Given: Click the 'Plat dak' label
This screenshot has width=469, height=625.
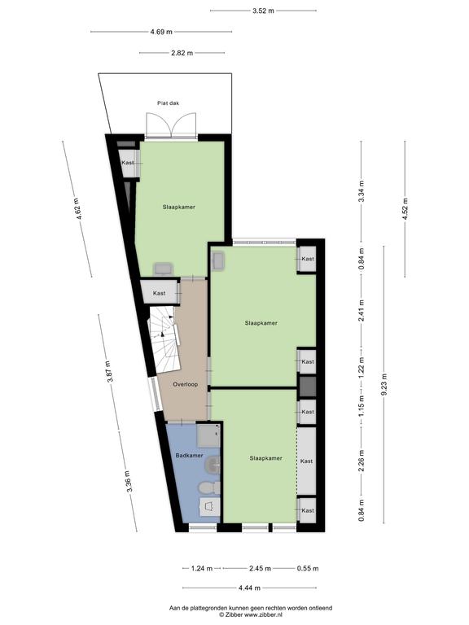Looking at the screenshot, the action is tap(168, 103).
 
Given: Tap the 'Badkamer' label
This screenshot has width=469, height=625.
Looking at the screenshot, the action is tap(189, 455).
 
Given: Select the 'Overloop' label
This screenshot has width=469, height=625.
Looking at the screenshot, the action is tap(185, 384).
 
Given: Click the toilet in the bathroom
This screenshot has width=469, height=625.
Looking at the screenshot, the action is tap(210, 487).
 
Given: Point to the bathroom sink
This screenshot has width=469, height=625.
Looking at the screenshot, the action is tap(213, 465).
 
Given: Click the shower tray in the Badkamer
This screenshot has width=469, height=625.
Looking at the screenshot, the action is tap(208, 435).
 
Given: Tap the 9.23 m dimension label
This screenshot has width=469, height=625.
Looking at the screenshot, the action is tap(384, 384).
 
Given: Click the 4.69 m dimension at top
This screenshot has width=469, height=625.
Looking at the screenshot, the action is tap(161, 32).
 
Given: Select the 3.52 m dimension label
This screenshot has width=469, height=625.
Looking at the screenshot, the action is tap(263, 11).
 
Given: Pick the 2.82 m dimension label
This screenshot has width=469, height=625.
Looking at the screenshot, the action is tap(182, 53).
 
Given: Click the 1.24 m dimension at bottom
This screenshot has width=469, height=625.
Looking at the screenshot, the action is tap(202, 568).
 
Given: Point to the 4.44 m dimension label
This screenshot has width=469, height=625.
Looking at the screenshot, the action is tap(249, 588).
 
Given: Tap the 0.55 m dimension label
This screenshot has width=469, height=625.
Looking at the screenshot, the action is tap(308, 568).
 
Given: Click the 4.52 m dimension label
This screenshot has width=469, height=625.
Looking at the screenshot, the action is tap(405, 209).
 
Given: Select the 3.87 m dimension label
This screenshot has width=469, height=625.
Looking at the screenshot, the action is tap(110, 371).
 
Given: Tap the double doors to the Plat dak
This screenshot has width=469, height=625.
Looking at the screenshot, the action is tap(171, 125).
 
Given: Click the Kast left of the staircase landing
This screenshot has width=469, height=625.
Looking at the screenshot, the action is tap(160, 293).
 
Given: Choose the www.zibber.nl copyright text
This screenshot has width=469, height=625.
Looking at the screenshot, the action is tap(251, 614).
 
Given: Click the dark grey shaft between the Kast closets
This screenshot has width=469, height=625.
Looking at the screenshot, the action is tap(308, 387).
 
